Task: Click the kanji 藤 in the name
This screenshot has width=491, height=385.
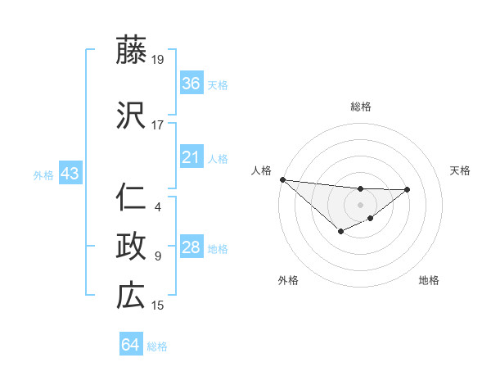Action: coord(131,52)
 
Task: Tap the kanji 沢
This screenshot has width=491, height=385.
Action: coord(131,117)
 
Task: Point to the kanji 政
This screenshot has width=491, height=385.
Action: coord(131,247)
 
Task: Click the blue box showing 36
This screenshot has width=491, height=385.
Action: coord(191,84)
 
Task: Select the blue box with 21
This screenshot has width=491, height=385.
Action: coord(191,157)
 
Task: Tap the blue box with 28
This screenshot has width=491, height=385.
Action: coord(191,247)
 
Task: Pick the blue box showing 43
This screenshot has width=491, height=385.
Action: coord(70,174)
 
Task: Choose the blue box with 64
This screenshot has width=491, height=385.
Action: coord(131,345)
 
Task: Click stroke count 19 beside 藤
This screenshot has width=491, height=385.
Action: coord(158,60)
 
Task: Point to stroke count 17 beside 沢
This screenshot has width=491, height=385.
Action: coord(158,125)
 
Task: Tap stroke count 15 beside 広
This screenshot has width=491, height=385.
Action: coord(158,306)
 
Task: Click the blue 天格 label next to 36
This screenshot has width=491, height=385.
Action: coord(218,84)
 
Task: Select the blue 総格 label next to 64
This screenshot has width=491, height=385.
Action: coord(157,346)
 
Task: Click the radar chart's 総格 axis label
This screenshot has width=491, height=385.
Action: coord(360,106)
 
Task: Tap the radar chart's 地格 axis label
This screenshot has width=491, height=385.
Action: coord(429,280)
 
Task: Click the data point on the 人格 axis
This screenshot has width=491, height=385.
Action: coord(282,179)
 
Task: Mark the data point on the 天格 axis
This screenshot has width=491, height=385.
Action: coord(408,189)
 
